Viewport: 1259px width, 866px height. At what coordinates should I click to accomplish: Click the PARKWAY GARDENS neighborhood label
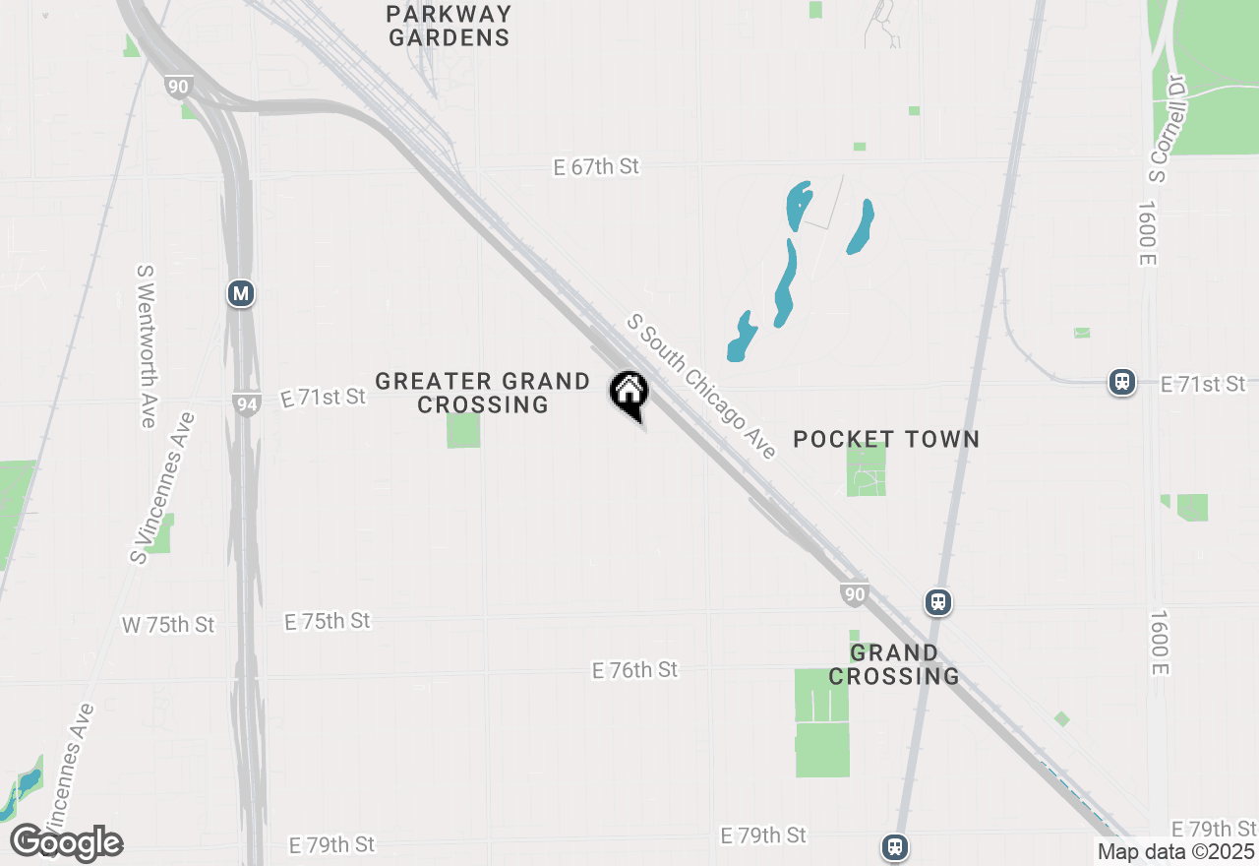point(449,27)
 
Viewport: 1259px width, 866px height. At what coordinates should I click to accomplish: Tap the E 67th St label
point(596,167)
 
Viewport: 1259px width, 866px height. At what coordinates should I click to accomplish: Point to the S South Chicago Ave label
point(702,386)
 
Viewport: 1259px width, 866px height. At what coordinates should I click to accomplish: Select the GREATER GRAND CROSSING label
point(482,393)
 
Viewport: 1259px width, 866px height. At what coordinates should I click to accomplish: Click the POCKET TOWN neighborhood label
point(886,439)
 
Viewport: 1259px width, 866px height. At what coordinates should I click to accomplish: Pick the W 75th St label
point(167,625)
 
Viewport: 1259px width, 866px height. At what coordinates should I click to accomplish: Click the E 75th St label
point(328,621)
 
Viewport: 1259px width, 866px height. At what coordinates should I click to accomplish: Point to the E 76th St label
point(634,670)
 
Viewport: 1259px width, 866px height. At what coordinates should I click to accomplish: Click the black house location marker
point(629,394)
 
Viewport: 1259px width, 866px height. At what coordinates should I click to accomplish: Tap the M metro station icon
point(240,293)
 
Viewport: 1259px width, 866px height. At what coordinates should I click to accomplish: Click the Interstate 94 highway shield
point(247,403)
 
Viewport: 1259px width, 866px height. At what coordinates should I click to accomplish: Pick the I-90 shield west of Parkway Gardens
point(178,87)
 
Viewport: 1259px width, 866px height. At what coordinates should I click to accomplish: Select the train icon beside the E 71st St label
point(1122,382)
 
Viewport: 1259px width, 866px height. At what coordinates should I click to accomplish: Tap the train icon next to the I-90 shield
point(938,602)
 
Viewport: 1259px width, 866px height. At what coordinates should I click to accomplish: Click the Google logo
point(66,842)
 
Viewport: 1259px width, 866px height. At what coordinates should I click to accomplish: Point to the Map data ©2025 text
point(1176,852)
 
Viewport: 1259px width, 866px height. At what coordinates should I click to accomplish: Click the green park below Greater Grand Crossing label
point(463,431)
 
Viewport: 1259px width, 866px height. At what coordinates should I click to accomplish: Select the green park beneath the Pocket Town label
point(867,470)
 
